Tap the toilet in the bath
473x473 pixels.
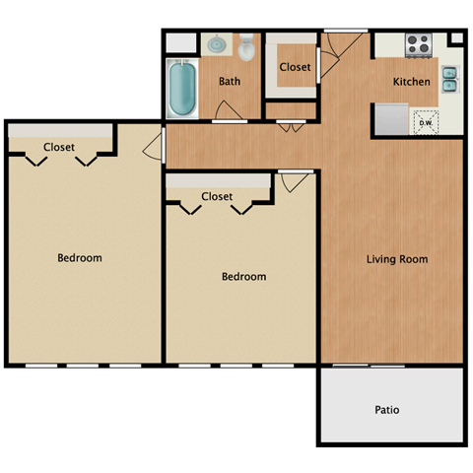click(247, 49)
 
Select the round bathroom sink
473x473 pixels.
click(216, 46)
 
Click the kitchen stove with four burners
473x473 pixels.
click(418, 44)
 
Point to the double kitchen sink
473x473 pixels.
click(449, 79)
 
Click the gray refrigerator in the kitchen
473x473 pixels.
click(388, 120)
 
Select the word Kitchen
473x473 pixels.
click(411, 82)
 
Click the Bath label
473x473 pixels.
click(230, 82)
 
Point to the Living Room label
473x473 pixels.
click(396, 259)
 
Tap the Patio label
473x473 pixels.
click(387, 409)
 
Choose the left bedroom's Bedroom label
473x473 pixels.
click(79, 258)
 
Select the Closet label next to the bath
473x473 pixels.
click(295, 67)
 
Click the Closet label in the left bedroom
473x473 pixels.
click(58, 148)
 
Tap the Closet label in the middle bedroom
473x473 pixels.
click(217, 196)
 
